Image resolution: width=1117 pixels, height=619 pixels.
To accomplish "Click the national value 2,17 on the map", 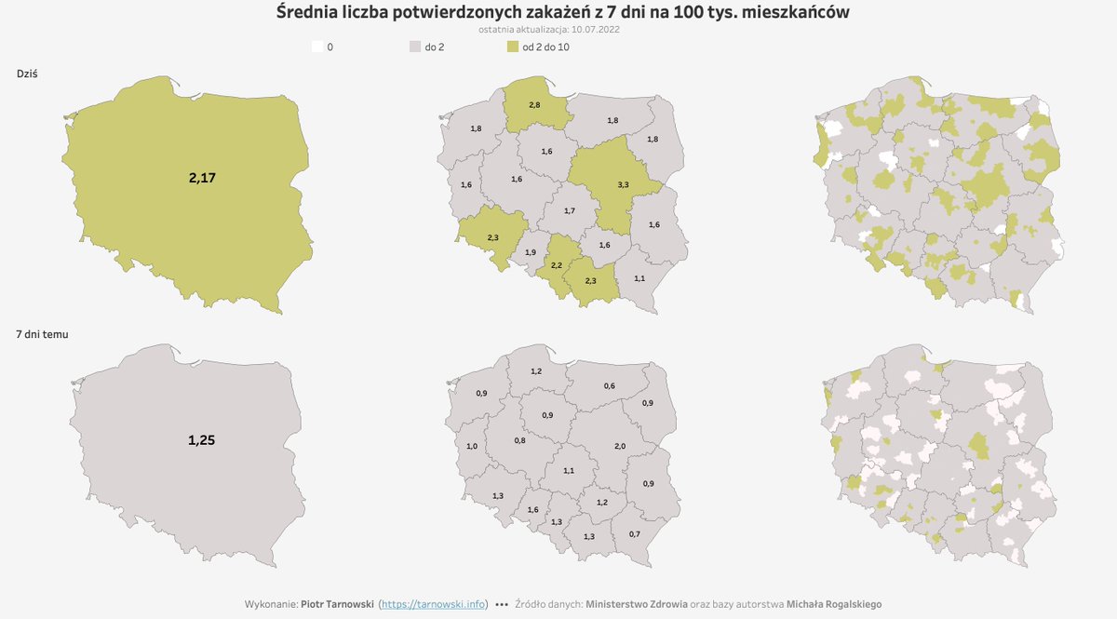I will (202, 178).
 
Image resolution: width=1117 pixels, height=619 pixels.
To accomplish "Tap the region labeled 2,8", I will (533, 105).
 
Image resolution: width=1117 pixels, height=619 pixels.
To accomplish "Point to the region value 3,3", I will (623, 185).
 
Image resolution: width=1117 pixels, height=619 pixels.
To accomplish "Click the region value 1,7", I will (569, 211).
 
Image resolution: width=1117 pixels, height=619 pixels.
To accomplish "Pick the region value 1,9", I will (531, 252).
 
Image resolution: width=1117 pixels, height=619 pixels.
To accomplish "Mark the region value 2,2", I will (557, 266).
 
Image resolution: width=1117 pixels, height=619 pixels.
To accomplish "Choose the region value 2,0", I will (620, 447).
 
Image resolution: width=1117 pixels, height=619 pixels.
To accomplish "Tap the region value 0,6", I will (609, 385).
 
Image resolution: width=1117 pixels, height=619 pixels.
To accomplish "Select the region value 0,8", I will (519, 440).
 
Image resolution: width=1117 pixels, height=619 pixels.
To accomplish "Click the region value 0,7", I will (635, 533).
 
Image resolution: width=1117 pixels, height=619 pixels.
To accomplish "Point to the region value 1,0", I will (471, 447).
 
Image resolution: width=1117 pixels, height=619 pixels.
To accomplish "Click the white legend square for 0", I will (317, 47).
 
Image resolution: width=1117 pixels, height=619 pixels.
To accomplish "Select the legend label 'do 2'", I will (434, 47).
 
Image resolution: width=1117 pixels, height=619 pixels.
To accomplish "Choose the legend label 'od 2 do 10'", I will (545, 47).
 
